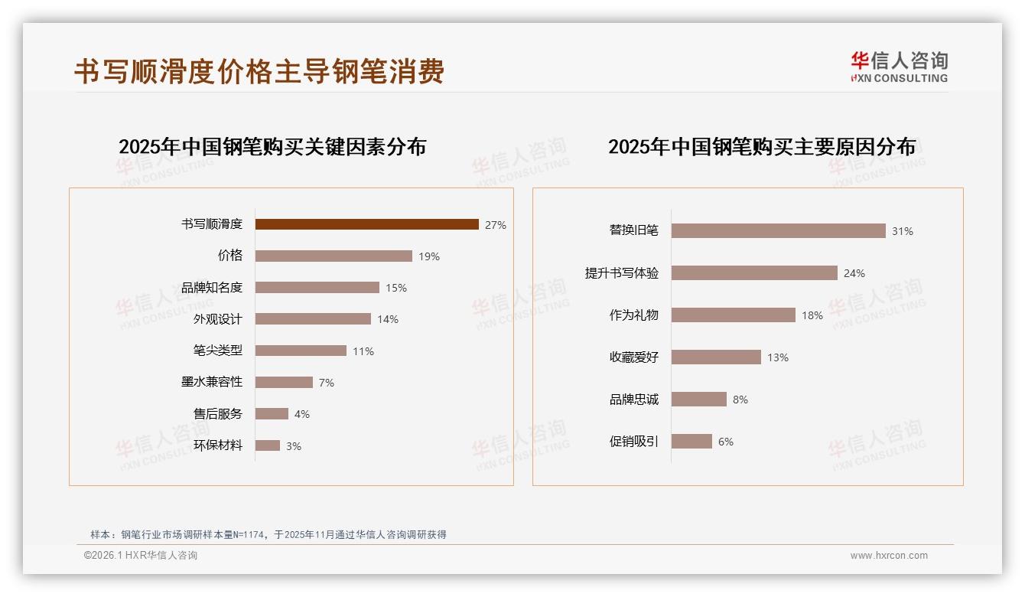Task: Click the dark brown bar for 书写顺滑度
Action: [x=366, y=224]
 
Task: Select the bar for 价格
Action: [x=334, y=256]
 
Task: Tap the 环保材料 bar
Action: [x=268, y=445]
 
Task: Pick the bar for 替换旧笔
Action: [x=778, y=230]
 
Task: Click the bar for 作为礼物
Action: [x=733, y=315]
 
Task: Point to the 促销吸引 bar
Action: [x=691, y=441]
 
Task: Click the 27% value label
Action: [x=495, y=225]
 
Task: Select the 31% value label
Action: [x=902, y=231]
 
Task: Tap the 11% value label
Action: [x=363, y=351]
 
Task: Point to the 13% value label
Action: [x=777, y=357]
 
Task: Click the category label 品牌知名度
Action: [x=211, y=288]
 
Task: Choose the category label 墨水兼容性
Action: [x=211, y=382]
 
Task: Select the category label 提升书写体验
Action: [x=621, y=273]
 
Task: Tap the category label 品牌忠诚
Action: [x=633, y=400]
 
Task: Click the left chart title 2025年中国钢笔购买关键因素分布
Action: [x=272, y=147]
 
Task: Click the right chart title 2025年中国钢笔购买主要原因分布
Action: [x=761, y=147]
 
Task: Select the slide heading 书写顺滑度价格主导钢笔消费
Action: [x=259, y=71]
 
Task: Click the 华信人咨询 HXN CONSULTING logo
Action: [x=899, y=67]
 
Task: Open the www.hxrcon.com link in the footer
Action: [x=888, y=556]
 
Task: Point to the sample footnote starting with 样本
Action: [x=268, y=534]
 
